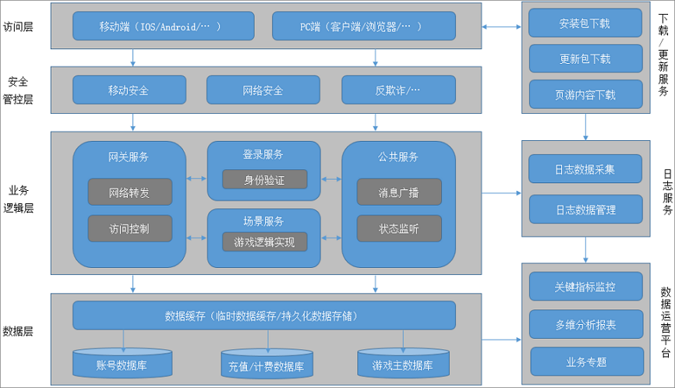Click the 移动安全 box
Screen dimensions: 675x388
[129, 90]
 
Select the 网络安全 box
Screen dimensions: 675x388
[263, 90]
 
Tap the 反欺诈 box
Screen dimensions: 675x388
[398, 90]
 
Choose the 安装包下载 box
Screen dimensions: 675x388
[585, 23]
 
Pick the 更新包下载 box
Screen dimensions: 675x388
[585, 58]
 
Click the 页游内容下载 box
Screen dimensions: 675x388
[586, 94]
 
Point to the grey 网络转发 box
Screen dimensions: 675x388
[130, 192]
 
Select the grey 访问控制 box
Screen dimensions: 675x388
[130, 228]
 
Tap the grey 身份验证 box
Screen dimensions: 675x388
[265, 179]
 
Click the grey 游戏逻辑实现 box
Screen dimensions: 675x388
[265, 242]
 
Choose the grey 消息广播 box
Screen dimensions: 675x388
[399, 192]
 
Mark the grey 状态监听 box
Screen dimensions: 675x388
[399, 228]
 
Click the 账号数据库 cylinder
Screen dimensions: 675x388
[122, 363]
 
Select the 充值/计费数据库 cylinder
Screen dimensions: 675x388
[267, 364]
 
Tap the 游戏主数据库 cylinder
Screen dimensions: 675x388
[404, 363]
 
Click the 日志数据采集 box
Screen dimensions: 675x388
[585, 169]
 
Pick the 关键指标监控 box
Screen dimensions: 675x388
[586, 287]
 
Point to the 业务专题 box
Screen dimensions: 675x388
[587, 362]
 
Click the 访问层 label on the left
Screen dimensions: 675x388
[18, 26]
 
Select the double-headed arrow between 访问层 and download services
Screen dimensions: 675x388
[501, 26]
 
